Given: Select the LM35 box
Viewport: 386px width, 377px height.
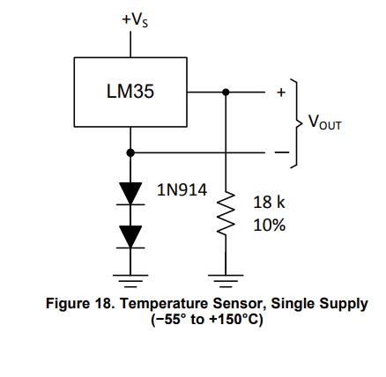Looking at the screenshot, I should [130, 92].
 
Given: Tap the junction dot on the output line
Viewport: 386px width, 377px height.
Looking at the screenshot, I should [226, 92].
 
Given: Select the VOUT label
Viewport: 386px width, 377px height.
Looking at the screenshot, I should [325, 123].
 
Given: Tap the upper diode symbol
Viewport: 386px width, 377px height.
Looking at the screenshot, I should [130, 193].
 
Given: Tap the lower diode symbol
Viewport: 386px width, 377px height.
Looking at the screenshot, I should [130, 234].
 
